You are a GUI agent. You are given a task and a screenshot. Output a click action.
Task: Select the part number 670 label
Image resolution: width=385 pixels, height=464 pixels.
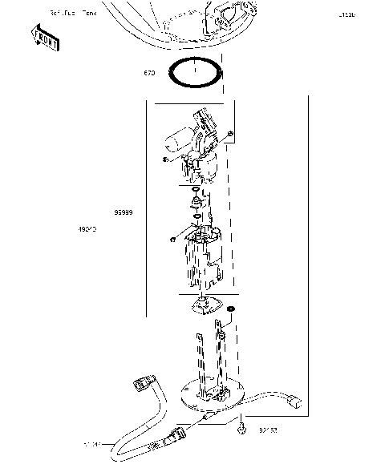(x=149, y=74)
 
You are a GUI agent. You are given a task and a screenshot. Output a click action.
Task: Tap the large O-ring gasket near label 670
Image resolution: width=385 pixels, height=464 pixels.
(x=196, y=73)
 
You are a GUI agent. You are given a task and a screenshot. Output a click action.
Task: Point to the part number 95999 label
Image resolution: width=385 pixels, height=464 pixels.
(x=123, y=213)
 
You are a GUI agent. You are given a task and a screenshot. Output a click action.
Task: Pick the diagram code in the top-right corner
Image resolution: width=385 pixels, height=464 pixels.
(x=347, y=14)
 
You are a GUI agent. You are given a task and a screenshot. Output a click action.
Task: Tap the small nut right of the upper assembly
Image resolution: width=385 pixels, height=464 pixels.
(x=231, y=132)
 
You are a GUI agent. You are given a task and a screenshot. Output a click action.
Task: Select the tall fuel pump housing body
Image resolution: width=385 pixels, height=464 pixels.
(x=198, y=260)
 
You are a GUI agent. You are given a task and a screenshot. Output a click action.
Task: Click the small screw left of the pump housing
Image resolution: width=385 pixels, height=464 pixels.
(x=172, y=240)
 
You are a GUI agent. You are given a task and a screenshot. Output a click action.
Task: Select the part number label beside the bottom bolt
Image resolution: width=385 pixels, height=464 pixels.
(x=267, y=431)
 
